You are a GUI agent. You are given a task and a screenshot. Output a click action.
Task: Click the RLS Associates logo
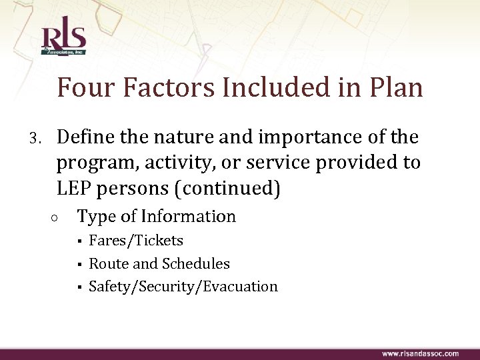(63, 39)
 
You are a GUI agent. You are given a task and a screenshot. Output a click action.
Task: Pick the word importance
(306, 137)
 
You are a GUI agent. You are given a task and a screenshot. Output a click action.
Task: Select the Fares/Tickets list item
(136, 241)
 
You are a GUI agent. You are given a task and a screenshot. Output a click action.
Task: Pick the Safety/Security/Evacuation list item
(183, 287)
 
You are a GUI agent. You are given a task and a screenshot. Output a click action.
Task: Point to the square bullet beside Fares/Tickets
(79, 241)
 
